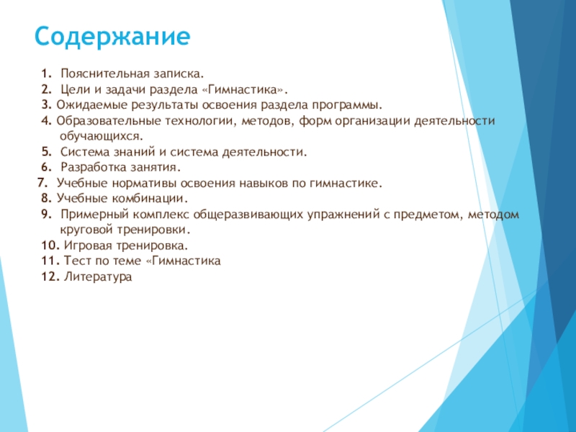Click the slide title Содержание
113,35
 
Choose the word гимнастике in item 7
344,184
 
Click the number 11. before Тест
50,261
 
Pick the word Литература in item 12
99,276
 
